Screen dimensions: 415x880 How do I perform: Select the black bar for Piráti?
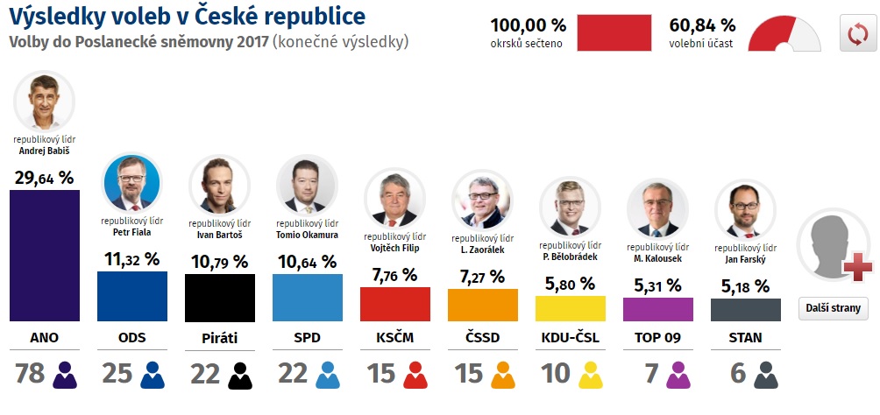[219, 297]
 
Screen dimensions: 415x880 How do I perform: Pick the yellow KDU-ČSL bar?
[570, 308]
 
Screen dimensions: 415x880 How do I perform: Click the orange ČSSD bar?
[482, 304]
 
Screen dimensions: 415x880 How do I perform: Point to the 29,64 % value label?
[44, 178]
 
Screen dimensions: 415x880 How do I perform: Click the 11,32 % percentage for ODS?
[131, 259]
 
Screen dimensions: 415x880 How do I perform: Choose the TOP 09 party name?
[657, 337]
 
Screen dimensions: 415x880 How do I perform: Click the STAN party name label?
[745, 337]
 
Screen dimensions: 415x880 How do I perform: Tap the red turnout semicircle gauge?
[786, 33]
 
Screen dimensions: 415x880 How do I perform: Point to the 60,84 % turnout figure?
[702, 25]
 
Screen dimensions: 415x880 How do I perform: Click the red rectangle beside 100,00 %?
[614, 32]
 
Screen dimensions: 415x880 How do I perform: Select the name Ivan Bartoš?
[219, 235]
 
